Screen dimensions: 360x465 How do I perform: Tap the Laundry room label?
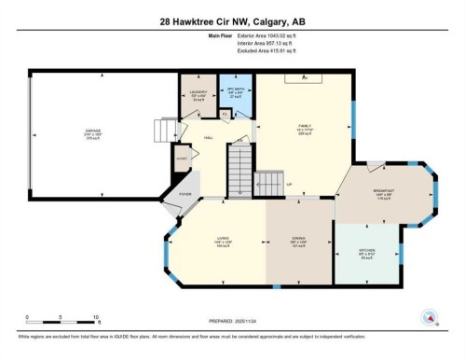pyautogui.click(x=197, y=92)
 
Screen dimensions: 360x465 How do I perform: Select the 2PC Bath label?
pyautogui.click(x=235, y=91)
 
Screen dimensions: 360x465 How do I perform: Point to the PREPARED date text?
pyautogui.click(x=233, y=322)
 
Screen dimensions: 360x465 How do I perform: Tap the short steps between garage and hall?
pyautogui.click(x=159, y=134)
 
